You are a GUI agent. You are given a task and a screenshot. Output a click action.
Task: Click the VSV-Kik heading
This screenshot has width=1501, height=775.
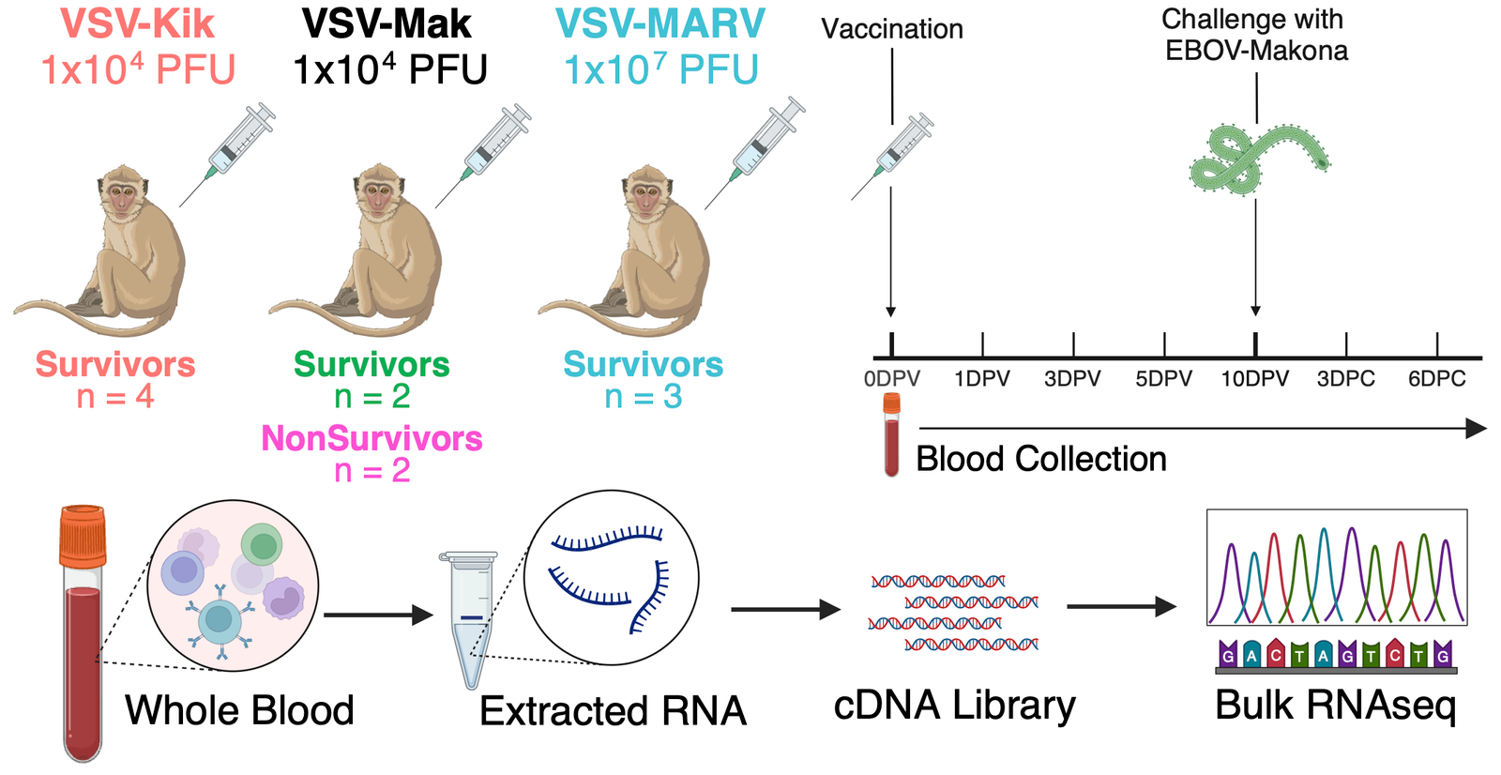click(x=138, y=23)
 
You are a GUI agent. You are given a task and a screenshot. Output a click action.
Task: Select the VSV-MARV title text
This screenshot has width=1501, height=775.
click(x=660, y=23)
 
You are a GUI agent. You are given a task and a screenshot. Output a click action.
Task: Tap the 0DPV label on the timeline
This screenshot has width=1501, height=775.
click(x=891, y=379)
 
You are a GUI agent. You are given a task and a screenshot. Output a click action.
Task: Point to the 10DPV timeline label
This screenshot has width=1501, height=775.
click(x=1254, y=379)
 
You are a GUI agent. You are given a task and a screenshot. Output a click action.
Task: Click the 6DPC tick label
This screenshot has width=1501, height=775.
click(x=1436, y=379)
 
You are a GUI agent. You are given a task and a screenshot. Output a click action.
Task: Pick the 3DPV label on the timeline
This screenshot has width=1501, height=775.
click(x=1072, y=379)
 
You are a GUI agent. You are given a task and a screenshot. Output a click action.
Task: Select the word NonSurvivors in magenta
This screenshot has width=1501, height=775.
click(x=371, y=438)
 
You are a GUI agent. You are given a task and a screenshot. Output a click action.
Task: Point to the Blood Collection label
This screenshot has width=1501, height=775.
click(x=1040, y=459)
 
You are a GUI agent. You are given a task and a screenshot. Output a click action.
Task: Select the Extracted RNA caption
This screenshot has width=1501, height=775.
click(x=613, y=711)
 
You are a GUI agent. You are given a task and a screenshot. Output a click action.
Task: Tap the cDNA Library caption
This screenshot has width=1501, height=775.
click(x=954, y=706)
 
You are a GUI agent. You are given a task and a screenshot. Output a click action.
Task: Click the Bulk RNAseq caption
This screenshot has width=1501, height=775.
click(x=1335, y=706)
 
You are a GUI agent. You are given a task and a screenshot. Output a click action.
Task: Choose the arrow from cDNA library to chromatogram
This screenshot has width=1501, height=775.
click(x=1121, y=607)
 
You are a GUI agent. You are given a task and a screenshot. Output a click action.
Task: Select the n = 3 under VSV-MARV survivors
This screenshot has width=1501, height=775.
click(x=644, y=397)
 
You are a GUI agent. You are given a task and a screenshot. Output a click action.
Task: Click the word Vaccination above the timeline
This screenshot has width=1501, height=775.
click(x=891, y=29)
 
